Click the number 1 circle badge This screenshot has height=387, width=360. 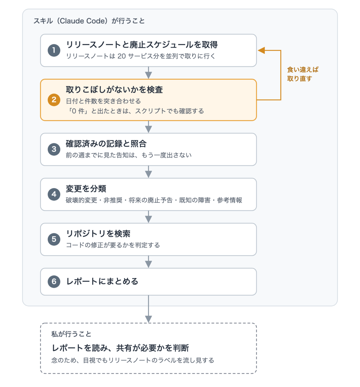tap(54, 50)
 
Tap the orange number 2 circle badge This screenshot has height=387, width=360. tap(54, 100)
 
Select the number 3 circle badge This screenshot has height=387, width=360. tap(54, 149)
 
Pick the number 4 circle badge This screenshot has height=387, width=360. tap(54, 194)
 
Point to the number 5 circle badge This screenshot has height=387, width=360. tap(54, 239)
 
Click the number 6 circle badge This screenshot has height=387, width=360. tap(54, 282)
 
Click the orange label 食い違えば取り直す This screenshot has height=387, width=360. tap(303, 74)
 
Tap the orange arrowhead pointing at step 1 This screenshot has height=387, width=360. tap(261, 50)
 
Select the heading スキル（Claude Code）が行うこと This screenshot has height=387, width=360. tap(89, 21)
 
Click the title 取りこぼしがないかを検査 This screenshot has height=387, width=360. tap(114, 90)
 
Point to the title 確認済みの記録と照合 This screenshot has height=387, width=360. tap(106, 144)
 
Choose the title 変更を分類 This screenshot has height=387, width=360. tap(86, 189)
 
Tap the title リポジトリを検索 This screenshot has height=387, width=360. tap(98, 233)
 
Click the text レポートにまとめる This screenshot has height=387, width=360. tap(102, 282)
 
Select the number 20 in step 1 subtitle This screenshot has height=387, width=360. tap(122, 56)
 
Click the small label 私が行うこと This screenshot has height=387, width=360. tap(71, 334)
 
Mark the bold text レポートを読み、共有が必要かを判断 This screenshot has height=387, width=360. tap(120, 348)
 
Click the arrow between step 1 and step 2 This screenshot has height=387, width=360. tap(148, 73)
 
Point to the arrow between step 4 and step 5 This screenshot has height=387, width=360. tap(148, 217)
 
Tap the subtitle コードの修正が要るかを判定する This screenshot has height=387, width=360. tap(113, 245)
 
